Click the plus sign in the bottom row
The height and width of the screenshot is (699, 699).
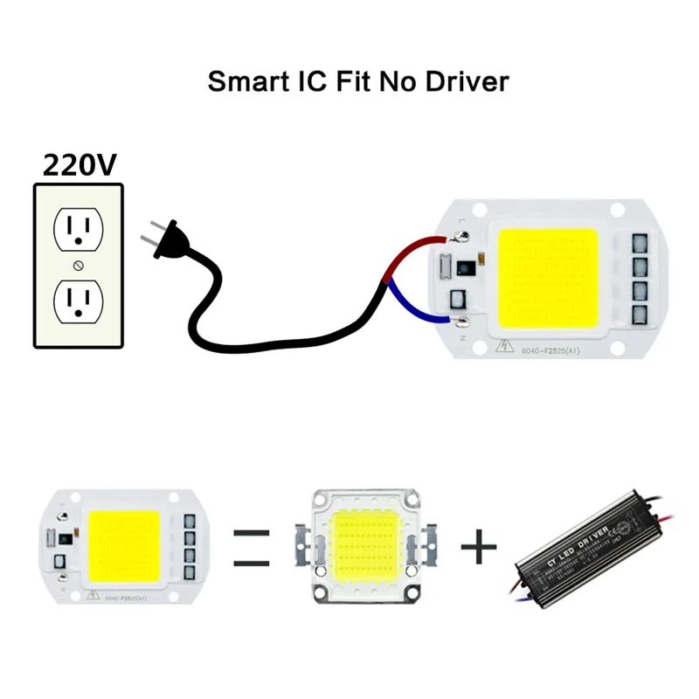478,548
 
